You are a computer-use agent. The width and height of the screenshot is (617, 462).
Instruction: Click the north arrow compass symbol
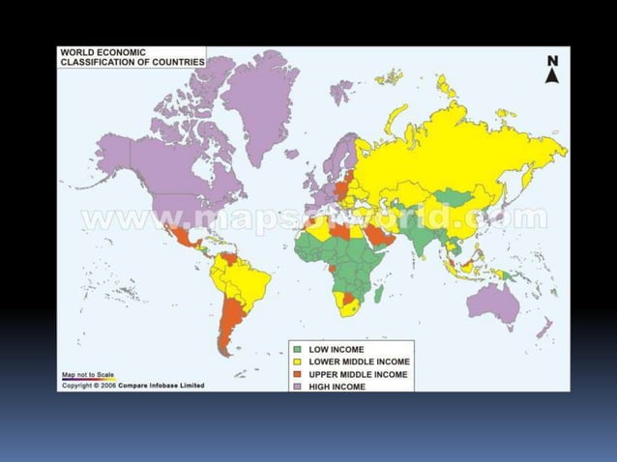[x=553, y=70]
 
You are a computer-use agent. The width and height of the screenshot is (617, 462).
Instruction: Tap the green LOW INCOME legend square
[x=298, y=349]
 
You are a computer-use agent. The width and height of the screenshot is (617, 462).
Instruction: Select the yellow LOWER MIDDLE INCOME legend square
[x=298, y=361]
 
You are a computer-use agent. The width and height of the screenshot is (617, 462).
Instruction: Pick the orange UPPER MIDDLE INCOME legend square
[x=298, y=373]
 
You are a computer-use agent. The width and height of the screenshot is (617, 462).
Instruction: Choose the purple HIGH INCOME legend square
[x=298, y=386]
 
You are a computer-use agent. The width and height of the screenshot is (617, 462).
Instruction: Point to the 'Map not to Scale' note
[x=87, y=374]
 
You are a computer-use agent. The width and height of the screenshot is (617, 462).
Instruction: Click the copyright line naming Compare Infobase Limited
[x=132, y=385]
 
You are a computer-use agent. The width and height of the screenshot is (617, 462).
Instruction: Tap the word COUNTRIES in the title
[x=174, y=62]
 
